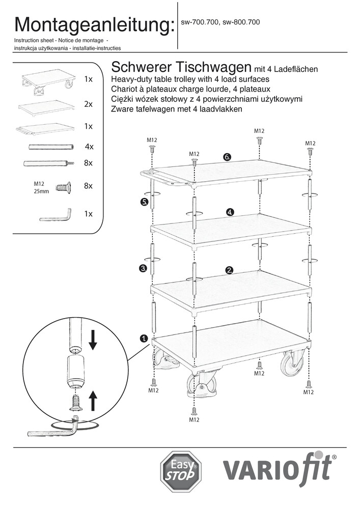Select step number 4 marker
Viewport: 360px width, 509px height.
pos(230,212)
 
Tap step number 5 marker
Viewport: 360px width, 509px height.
pos(144,202)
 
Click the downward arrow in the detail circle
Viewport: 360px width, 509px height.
pos(93,340)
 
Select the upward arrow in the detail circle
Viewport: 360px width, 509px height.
pos(93,401)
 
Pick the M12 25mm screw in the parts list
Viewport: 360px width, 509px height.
pos(62,187)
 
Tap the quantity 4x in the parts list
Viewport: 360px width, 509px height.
pos(89,147)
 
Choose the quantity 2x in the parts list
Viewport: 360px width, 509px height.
pos(88,104)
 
